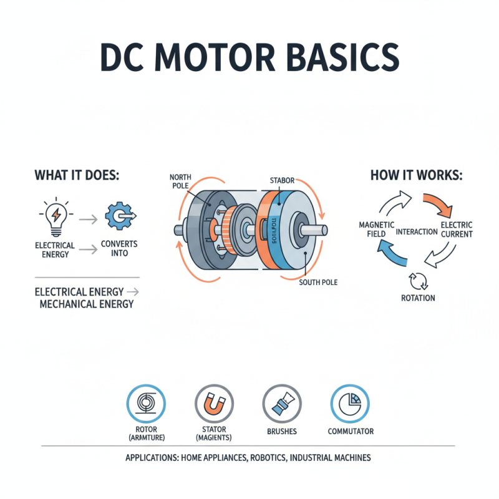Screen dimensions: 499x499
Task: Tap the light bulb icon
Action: (x=55, y=216)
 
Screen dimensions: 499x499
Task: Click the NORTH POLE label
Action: (x=181, y=182)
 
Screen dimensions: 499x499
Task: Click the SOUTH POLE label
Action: (x=318, y=283)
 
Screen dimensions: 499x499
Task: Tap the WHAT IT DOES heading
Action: (x=77, y=175)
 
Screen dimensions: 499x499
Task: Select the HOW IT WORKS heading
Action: (x=416, y=175)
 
